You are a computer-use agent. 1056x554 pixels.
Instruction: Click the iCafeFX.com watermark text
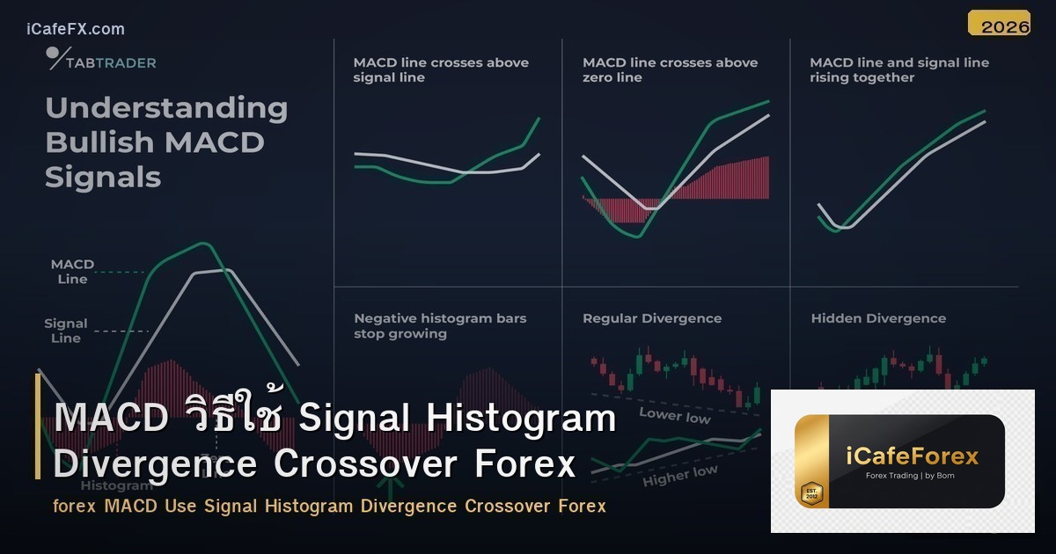point(76,29)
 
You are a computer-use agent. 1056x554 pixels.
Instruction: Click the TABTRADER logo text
point(112,62)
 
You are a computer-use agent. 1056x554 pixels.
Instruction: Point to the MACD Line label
point(72,272)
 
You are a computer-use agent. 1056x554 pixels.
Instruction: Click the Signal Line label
point(66,331)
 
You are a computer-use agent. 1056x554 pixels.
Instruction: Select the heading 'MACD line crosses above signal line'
point(441,69)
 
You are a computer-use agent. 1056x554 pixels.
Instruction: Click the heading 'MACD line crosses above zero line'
point(670,69)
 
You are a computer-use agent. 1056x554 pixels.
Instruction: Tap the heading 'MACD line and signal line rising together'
point(898,69)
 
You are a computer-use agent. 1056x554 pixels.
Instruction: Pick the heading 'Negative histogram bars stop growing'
point(440,325)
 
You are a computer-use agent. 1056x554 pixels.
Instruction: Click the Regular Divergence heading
point(651,318)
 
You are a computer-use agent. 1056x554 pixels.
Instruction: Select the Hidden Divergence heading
point(878,318)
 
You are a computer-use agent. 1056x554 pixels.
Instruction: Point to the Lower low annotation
point(674,414)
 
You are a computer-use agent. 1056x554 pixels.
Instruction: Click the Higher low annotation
point(679,476)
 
